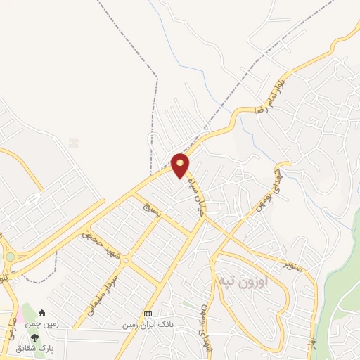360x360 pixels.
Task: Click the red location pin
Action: [x=181, y=165]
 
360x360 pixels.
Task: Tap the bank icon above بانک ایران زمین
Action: [x=148, y=314]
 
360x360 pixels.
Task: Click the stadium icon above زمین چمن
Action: [x=41, y=313]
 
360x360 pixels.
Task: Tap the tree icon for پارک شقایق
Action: [x=35, y=338]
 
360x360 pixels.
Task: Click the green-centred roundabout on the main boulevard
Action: [x=10, y=257]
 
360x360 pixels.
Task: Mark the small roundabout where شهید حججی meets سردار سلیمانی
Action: [x=125, y=261]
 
